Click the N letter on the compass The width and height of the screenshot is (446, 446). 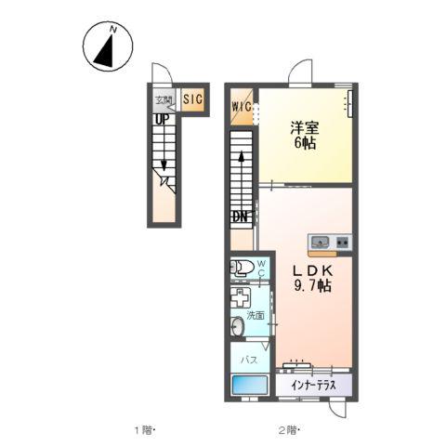pos(113,30)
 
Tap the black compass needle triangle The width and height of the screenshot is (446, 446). pos(105,53)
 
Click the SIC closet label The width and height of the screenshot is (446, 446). pos(192,99)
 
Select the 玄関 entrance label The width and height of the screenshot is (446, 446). pos(164,100)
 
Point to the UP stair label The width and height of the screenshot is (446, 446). pos(161,120)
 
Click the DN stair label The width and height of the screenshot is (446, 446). pos(241,216)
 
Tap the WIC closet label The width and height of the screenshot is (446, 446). pos(242,107)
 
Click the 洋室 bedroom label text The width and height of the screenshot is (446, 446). pos(305,128)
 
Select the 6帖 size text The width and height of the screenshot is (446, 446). pos(305,143)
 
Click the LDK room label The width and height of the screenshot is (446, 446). pos(313,271)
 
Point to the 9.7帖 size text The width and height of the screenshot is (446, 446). pos(313,285)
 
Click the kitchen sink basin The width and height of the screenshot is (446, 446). pos(320,241)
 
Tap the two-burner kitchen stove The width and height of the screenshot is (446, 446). pos(343,242)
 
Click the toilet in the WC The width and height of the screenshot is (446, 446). pos(242,268)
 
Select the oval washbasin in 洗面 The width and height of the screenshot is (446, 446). pos(238,326)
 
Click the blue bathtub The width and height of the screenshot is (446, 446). pos(250,385)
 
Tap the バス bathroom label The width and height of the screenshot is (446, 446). pos(249,360)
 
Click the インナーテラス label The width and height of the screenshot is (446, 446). pos(313,386)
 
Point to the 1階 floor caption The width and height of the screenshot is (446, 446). pos(143,430)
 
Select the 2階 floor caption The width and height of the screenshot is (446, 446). pos(288,430)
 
